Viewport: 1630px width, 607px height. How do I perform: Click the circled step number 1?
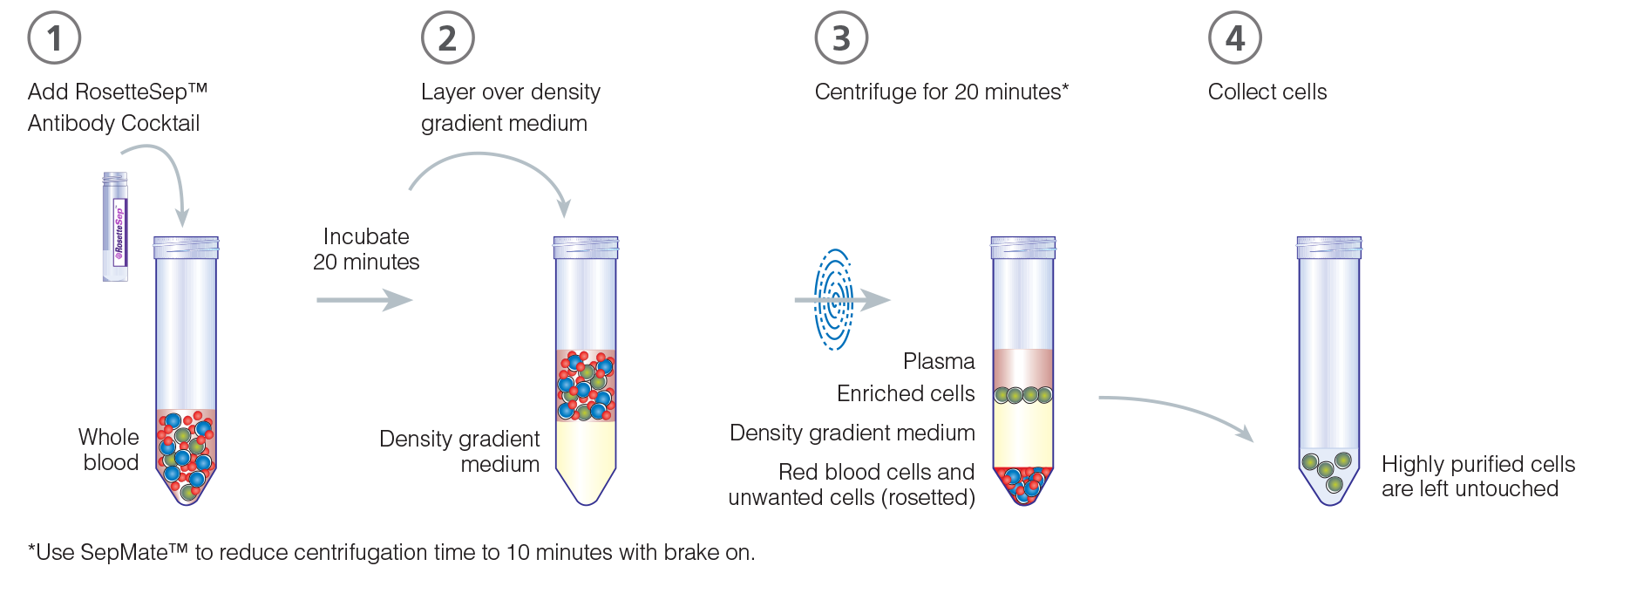tap(54, 38)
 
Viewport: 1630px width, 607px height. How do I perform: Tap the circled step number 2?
tap(447, 38)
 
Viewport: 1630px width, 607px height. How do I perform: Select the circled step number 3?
tap(841, 38)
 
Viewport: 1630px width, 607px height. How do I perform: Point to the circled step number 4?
tap(1235, 38)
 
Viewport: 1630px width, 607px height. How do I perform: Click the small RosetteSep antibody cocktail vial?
tap(115, 227)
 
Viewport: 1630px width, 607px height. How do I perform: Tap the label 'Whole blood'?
tap(109, 449)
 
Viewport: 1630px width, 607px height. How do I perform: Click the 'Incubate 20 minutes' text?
tap(366, 249)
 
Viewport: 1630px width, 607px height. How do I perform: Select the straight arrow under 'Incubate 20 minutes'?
tap(364, 300)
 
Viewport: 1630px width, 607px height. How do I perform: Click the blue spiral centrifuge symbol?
tap(833, 300)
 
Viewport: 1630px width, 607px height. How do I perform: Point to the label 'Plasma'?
tap(939, 361)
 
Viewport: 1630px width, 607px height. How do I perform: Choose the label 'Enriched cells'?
tap(906, 393)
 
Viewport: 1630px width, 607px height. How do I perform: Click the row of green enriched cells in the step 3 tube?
tap(1023, 395)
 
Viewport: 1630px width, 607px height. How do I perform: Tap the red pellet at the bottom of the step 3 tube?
tap(1024, 485)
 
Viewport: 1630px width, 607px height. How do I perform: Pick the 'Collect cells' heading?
tap(1267, 92)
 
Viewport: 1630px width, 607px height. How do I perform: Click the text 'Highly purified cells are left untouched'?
tap(1478, 476)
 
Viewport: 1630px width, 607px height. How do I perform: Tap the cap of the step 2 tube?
tap(586, 248)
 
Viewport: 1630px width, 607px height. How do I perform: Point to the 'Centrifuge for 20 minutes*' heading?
tap(941, 92)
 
